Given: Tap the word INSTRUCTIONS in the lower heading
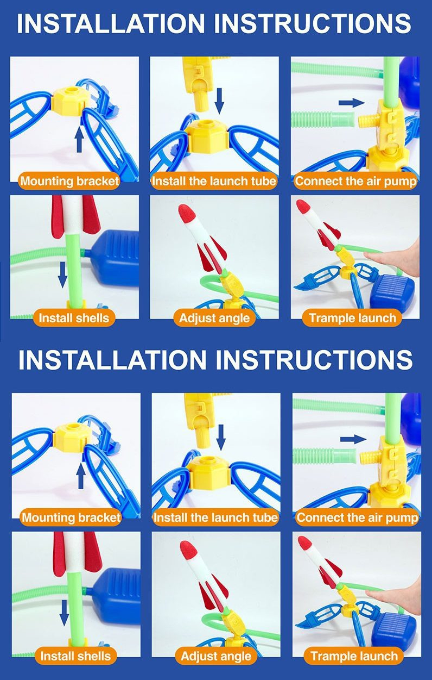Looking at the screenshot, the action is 314,360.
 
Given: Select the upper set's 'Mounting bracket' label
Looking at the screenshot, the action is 69,181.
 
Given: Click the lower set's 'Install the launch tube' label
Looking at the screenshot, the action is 215,517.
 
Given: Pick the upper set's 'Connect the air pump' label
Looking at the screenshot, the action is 355,181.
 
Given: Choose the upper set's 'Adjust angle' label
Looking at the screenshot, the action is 214,318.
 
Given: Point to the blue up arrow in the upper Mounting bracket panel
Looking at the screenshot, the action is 79,140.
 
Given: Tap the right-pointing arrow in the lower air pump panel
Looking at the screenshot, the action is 353,439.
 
